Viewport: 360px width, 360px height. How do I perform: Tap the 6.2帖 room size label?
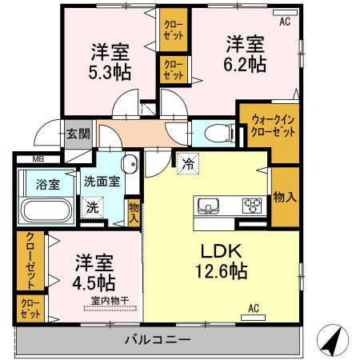(x=245, y=64)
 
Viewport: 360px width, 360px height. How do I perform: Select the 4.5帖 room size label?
(x=95, y=282)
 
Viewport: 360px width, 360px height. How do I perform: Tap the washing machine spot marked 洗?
(x=94, y=206)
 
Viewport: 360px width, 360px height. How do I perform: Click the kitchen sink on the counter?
(x=208, y=204)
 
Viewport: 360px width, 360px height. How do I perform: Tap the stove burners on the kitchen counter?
(x=253, y=204)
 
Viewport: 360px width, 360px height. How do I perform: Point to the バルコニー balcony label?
(x=157, y=339)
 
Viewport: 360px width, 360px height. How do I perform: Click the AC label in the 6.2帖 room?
(x=284, y=22)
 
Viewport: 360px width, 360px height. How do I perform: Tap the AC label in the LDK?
(x=254, y=308)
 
